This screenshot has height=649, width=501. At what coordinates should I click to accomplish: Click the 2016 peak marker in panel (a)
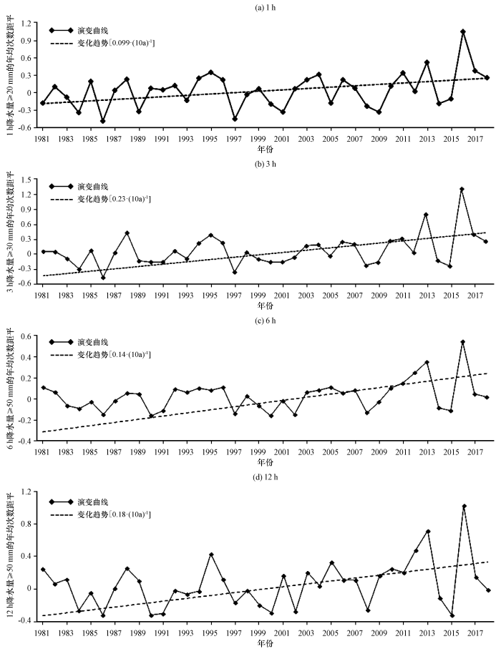click(x=463, y=31)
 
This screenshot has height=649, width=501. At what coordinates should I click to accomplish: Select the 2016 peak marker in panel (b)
click(x=462, y=189)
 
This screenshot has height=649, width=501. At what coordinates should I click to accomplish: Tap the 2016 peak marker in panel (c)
click(x=462, y=342)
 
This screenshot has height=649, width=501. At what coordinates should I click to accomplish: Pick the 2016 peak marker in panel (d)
click(x=464, y=506)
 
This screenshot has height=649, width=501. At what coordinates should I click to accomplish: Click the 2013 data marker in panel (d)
click(x=427, y=532)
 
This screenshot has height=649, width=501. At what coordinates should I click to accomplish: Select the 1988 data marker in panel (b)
click(x=127, y=233)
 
